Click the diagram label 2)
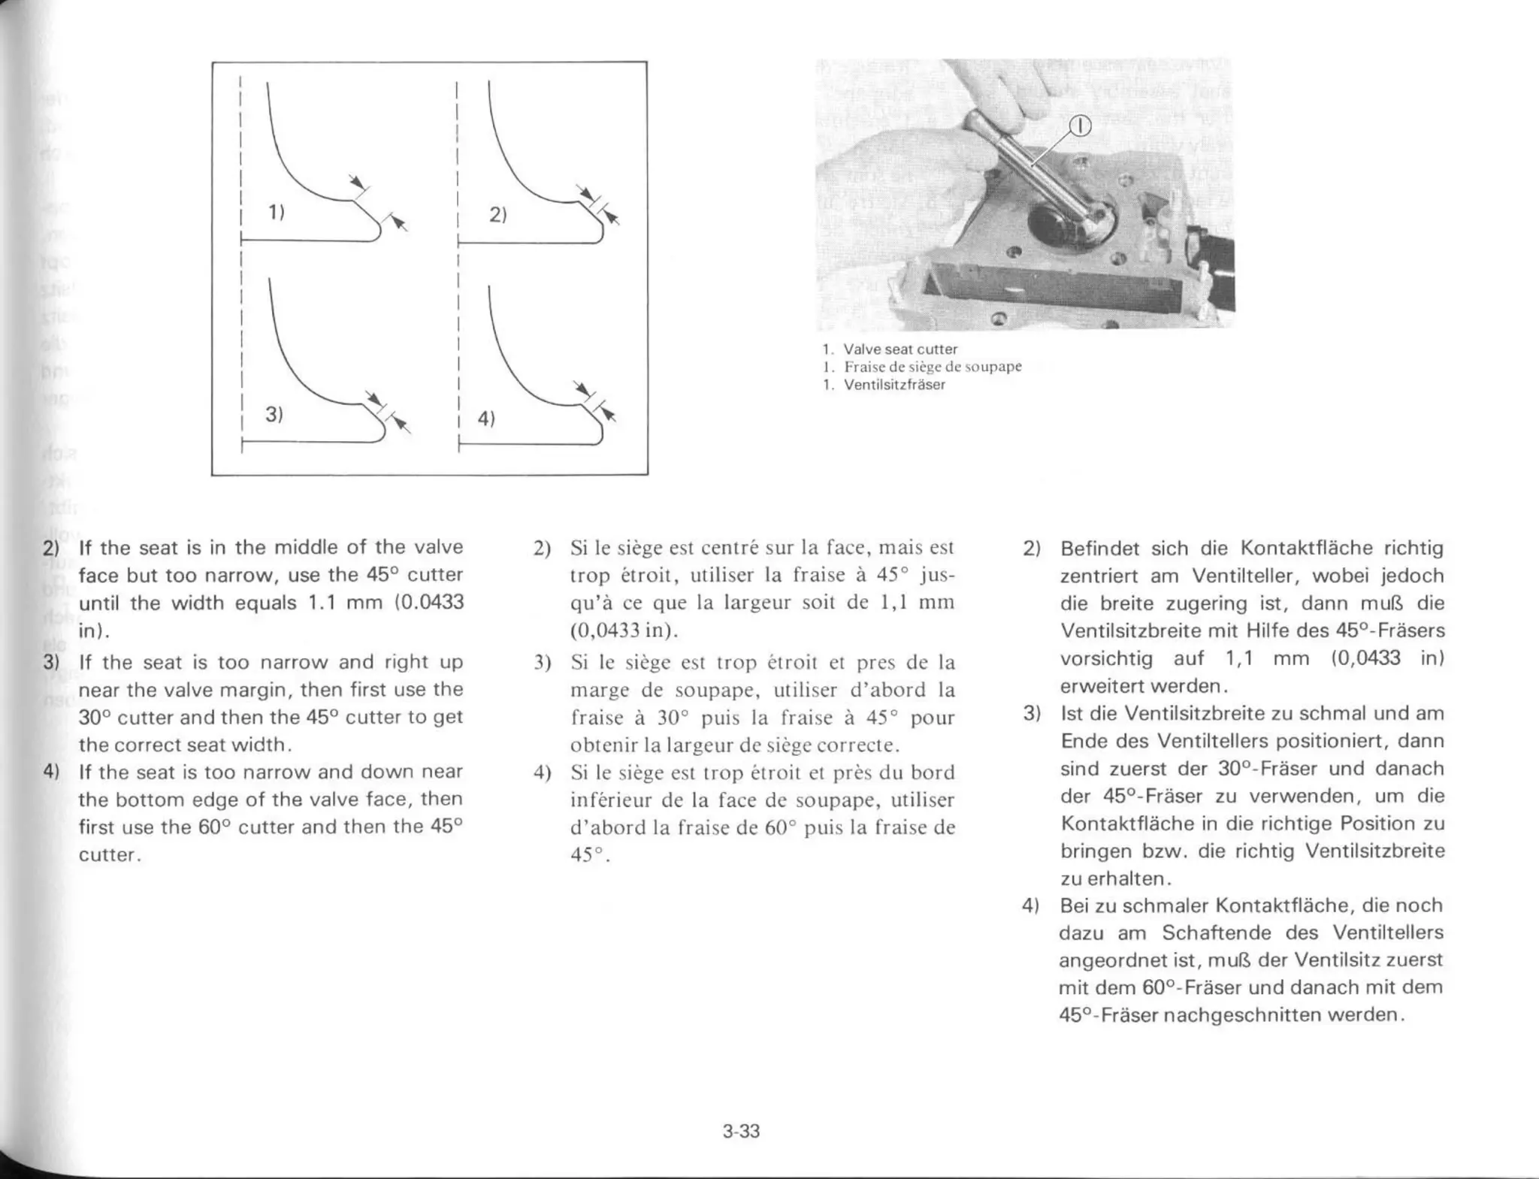(497, 214)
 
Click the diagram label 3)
(274, 414)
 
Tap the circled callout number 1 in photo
(1079, 126)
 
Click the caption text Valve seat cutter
(900, 349)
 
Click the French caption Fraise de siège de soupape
(932, 367)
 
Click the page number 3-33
(741, 1131)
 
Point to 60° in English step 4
(214, 827)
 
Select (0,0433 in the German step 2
(1365, 658)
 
